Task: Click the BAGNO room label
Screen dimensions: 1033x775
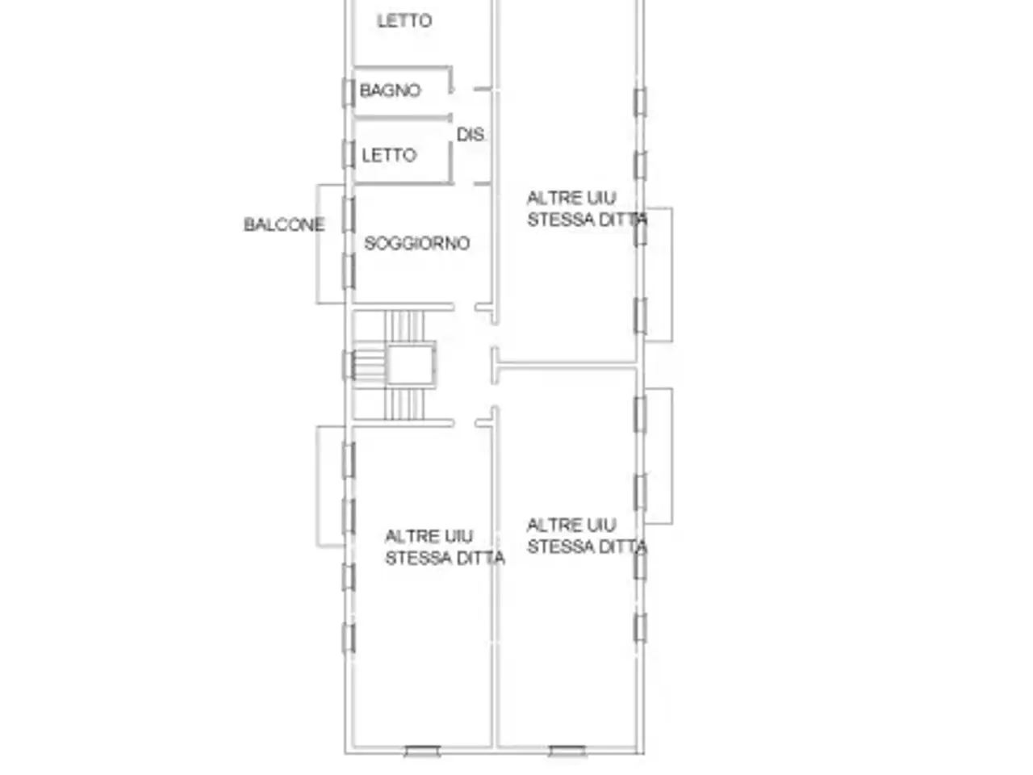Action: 390,90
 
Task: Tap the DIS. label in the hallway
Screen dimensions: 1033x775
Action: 470,135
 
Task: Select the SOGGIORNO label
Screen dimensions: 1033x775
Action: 417,243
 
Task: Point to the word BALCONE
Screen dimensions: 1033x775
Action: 284,224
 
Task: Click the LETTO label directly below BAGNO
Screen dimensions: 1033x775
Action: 389,155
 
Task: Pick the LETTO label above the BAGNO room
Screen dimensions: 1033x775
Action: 405,21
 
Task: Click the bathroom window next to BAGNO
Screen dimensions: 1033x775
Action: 349,93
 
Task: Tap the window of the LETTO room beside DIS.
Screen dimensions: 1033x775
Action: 349,154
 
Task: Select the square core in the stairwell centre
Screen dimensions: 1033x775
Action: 411,365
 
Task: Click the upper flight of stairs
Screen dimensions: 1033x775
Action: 404,326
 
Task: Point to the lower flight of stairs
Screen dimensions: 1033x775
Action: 404,404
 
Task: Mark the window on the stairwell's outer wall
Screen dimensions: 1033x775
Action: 349,365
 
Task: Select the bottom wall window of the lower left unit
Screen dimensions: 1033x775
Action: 423,751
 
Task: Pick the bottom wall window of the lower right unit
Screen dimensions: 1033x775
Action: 567,751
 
